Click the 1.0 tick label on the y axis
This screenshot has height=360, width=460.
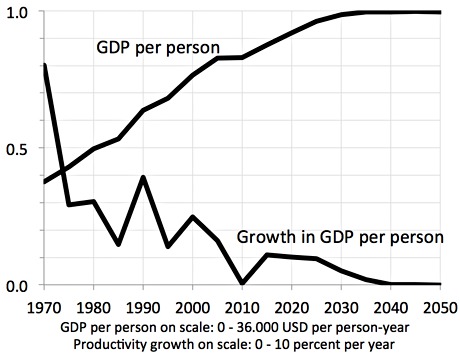19,11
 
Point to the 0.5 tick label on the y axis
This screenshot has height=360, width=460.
19,148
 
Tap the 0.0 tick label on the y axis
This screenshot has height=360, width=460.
19,285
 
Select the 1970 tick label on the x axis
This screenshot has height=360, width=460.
45,305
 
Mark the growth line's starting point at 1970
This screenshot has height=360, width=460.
45,65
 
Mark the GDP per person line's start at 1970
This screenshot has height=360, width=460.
45,182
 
